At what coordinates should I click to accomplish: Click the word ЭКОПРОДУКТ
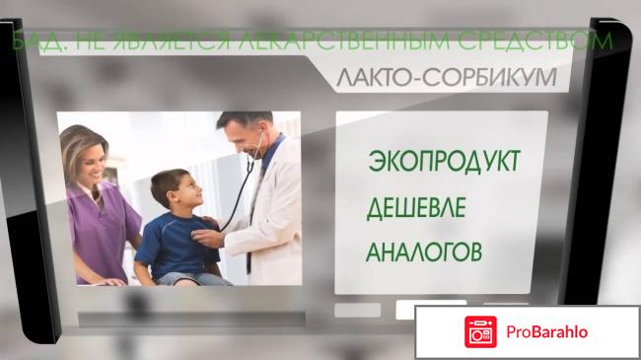tap(443, 161)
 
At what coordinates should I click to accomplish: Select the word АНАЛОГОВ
tap(424, 252)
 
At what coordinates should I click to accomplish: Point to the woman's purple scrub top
tap(99, 227)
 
